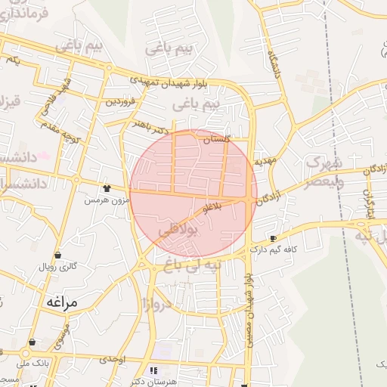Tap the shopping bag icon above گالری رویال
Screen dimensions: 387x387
58,255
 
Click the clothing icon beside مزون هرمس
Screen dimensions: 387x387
107,188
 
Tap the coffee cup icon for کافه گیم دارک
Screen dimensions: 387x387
272,238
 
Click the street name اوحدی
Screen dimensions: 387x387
112,358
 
